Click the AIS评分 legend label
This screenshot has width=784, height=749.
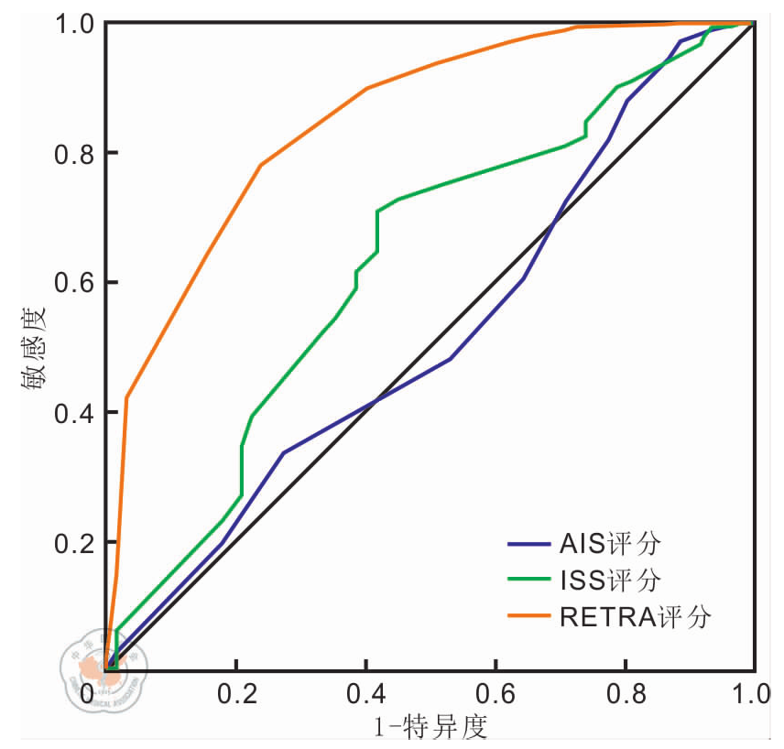click(609, 544)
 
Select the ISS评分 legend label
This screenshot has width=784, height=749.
click(609, 580)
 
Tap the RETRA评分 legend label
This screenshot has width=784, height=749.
click(634, 616)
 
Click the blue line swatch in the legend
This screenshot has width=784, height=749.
click(528, 545)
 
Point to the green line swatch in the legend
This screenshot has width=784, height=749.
click(528, 581)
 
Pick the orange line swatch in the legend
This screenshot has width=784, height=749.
click(528, 616)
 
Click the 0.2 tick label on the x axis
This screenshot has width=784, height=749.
click(235, 693)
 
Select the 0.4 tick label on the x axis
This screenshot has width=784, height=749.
click(365, 693)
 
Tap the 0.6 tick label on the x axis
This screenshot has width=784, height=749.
click(495, 693)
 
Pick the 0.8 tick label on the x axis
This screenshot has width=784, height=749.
click(626, 693)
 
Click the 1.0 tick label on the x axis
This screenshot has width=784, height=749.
click(752, 693)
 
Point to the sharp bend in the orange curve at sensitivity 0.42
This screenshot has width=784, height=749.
click(126, 396)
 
